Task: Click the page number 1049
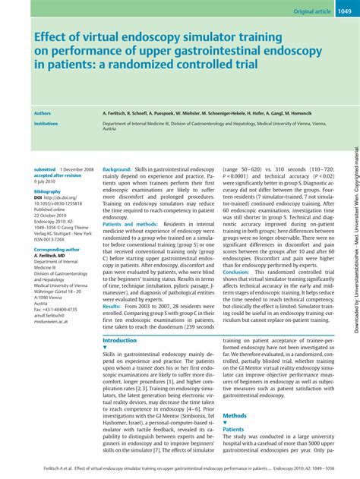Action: pyautogui.click(x=344, y=11)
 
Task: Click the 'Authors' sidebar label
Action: pyautogui.click(x=43, y=112)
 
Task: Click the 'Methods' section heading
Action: pyautogui.click(x=235, y=416)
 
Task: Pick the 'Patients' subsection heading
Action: pyautogui.click(x=233, y=430)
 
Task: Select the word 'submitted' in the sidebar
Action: pyautogui.click(x=45, y=169)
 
